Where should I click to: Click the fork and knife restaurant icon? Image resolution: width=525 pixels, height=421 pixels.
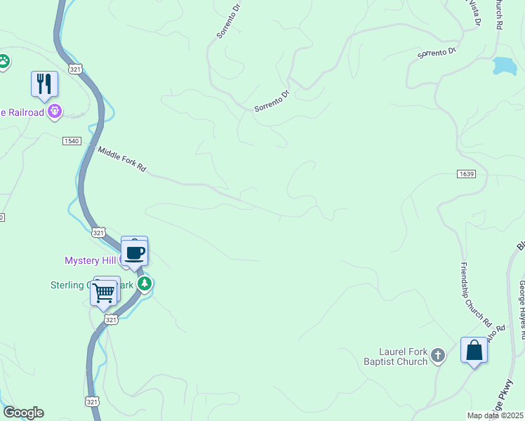click(44, 84)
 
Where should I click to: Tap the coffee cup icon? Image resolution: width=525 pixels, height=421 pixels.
click(135, 253)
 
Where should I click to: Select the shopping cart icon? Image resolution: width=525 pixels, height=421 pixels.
click(103, 292)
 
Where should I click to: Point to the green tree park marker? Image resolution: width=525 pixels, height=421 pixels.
click(145, 284)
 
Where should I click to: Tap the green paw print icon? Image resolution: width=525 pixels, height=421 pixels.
click(4, 62)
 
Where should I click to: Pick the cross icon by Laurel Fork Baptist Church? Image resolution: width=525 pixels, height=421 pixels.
click(438, 356)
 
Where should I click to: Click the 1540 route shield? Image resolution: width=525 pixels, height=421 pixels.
click(72, 141)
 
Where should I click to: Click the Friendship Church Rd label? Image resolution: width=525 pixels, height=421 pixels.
click(476, 294)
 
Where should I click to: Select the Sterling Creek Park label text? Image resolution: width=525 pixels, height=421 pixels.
click(77, 286)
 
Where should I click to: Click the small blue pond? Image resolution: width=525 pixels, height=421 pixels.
click(504, 66)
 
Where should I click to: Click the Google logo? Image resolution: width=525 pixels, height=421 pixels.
click(23, 413)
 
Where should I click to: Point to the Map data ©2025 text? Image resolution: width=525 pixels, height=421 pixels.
click(496, 415)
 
